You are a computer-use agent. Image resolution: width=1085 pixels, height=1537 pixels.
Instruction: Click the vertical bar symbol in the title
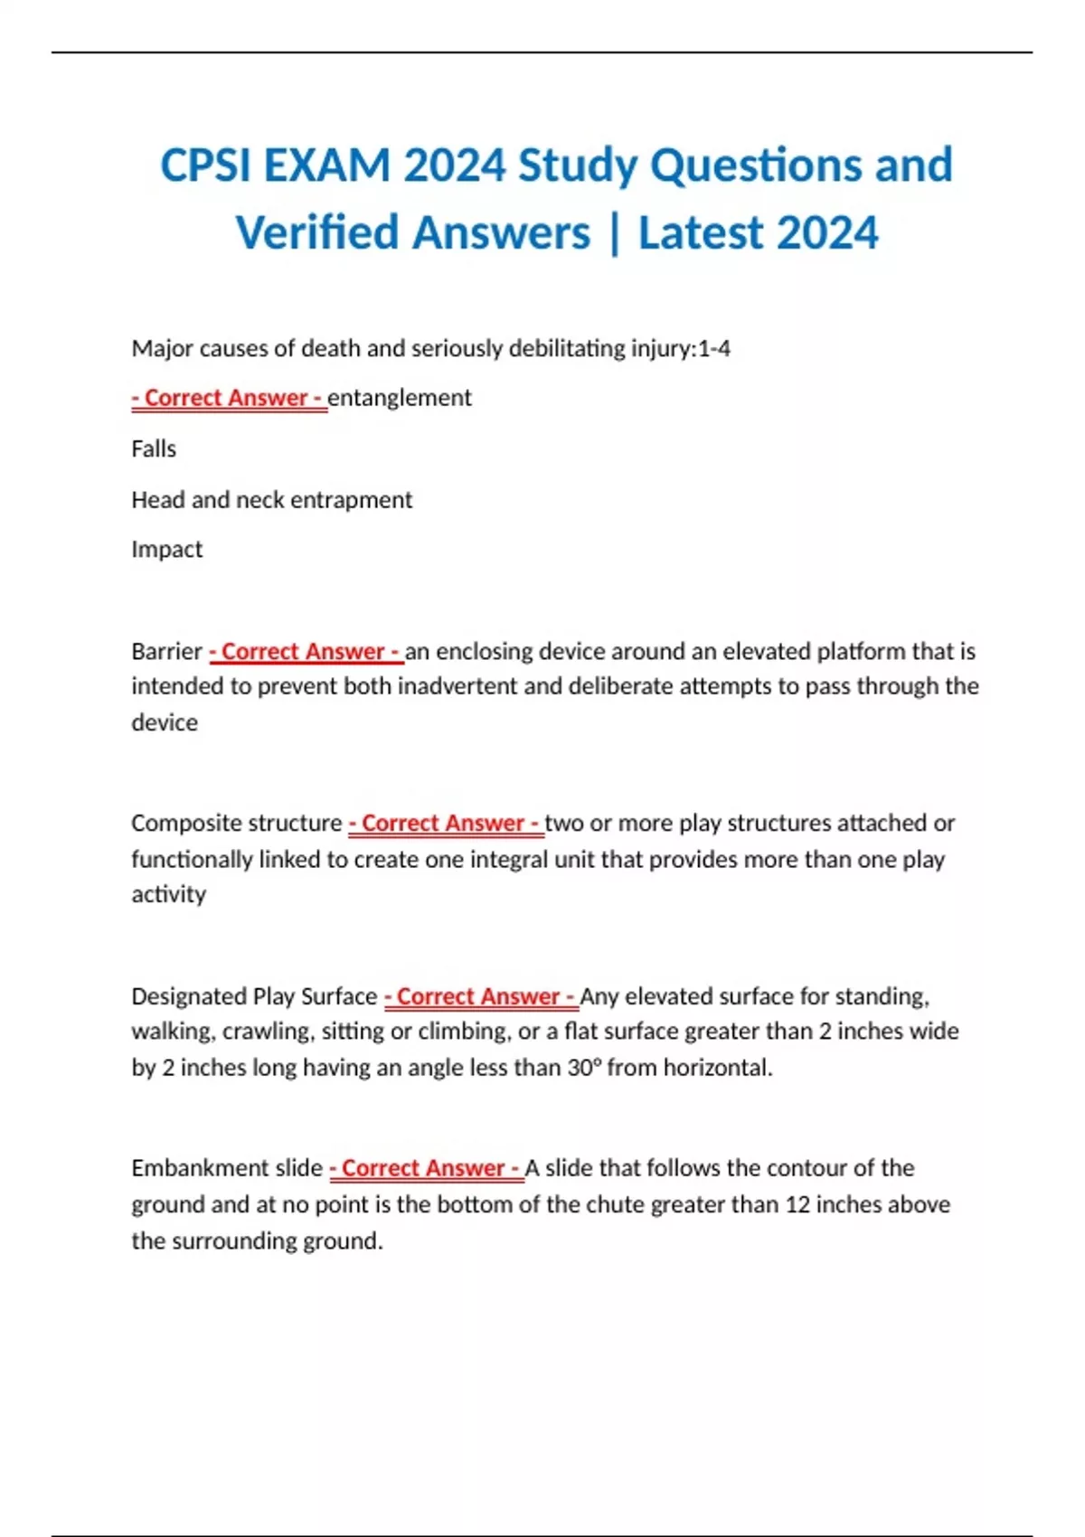click(x=615, y=232)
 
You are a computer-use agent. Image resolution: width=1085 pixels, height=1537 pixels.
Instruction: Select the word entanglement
click(x=400, y=398)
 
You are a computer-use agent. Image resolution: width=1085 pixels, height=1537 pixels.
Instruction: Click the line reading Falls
click(x=154, y=448)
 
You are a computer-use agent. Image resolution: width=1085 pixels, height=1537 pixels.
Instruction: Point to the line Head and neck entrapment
click(x=271, y=500)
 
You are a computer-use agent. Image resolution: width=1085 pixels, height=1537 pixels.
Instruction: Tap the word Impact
click(x=166, y=550)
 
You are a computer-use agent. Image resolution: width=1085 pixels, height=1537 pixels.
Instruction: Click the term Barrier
click(x=166, y=651)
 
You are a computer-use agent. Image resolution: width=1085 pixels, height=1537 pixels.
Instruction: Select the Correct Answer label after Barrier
click(x=306, y=651)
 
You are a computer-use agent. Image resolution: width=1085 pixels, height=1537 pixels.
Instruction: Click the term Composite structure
click(x=236, y=823)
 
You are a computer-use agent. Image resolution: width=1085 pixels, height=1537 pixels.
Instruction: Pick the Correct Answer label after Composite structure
click(x=446, y=823)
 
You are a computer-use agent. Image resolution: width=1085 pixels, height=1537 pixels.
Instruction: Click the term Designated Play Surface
click(x=253, y=996)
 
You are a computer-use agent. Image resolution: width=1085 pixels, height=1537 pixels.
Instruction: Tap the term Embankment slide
click(x=226, y=1168)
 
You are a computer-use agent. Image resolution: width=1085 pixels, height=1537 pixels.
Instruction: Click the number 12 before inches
click(x=797, y=1204)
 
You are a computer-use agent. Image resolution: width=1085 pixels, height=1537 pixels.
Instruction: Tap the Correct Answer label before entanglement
click(x=229, y=398)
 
